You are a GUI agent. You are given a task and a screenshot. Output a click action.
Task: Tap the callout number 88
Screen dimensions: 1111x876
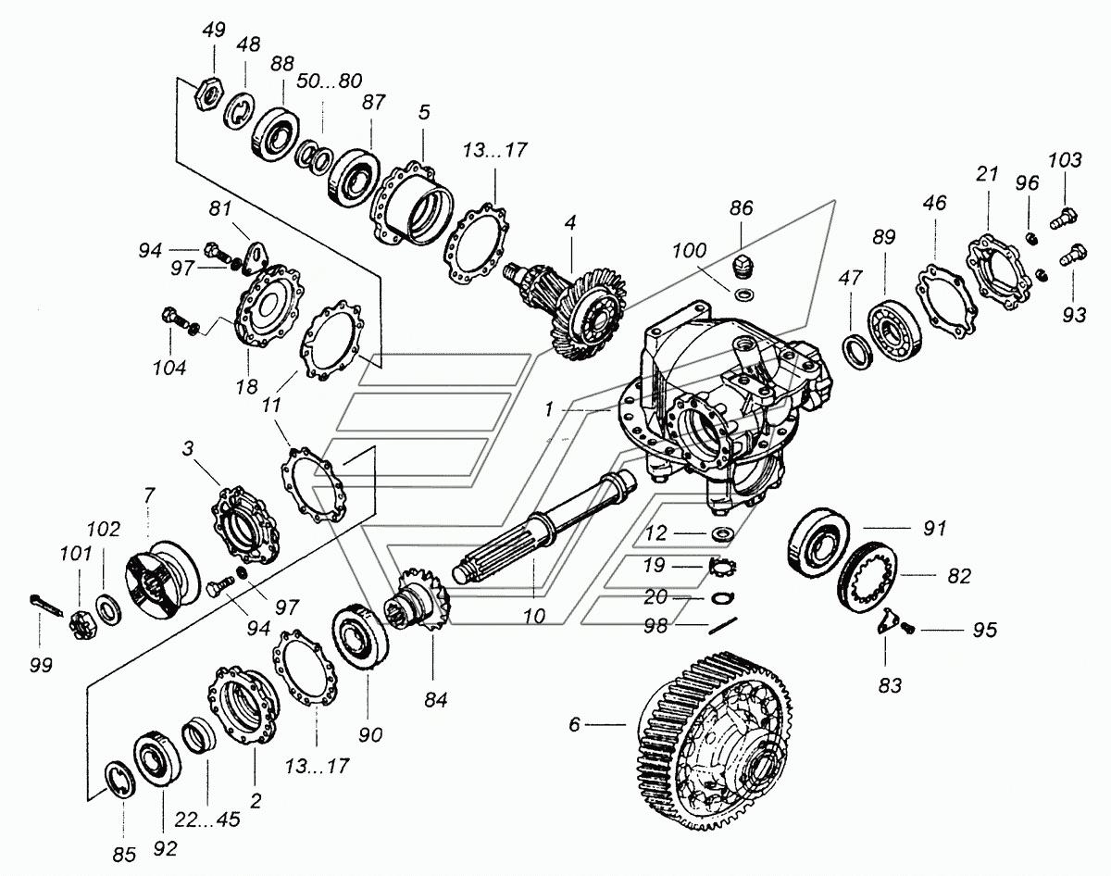coord(281,64)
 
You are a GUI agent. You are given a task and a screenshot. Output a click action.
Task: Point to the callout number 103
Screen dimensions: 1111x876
coord(1065,160)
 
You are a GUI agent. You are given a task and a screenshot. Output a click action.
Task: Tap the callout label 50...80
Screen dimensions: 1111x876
coord(330,81)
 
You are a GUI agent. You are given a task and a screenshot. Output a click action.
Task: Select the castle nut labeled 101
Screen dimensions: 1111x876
coord(80,624)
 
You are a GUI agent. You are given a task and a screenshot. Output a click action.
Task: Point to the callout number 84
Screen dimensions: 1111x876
coord(436,700)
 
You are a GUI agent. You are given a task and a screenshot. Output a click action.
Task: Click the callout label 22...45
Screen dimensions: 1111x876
coord(207,820)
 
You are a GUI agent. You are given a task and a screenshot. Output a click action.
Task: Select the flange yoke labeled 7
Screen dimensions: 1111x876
coord(162,580)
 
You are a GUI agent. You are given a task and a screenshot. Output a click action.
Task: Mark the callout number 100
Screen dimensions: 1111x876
coord(689,251)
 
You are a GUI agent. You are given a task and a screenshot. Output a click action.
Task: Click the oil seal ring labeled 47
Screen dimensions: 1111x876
coord(856,352)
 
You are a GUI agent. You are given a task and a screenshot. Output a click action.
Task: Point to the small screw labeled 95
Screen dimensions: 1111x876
coord(907,629)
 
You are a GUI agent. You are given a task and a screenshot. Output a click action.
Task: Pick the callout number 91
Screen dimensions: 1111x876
coord(935,528)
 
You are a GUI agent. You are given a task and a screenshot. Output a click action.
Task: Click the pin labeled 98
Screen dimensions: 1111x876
coord(723,625)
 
